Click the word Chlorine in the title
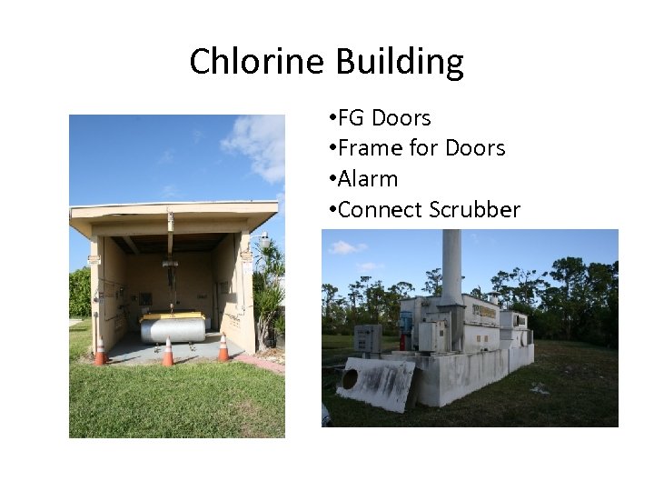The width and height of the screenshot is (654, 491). point(257,62)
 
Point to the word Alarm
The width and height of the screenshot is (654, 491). point(368,179)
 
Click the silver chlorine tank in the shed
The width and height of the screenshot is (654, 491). point(172,328)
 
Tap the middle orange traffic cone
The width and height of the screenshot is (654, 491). point(168,352)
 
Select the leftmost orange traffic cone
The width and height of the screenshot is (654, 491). point(100,352)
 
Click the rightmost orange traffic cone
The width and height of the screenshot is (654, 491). point(223,347)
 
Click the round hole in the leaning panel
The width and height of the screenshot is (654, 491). point(350,379)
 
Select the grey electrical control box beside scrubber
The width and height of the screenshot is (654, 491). point(367,338)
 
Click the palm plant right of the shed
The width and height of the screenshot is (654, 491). point(270,291)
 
